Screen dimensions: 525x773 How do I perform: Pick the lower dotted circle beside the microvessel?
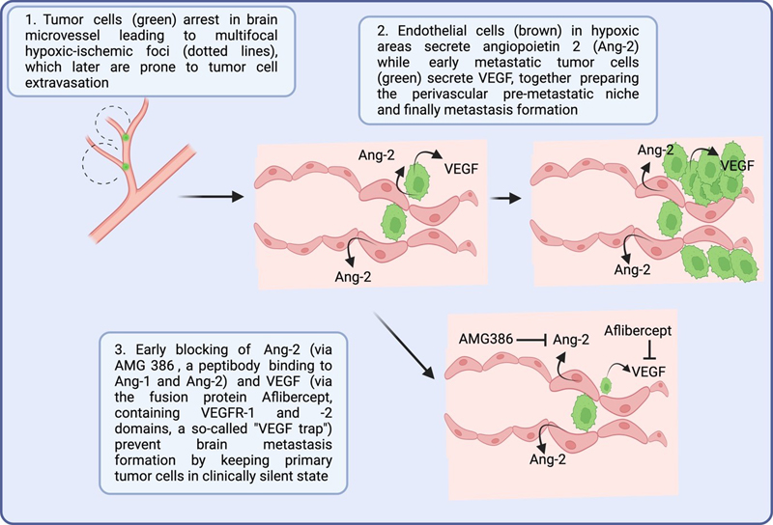[x=105, y=164]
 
